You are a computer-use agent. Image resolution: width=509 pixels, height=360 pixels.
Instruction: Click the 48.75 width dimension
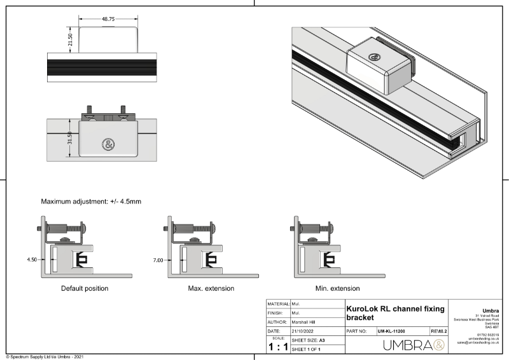(x=109, y=20)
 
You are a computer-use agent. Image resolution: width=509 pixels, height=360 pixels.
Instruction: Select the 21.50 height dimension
(x=71, y=39)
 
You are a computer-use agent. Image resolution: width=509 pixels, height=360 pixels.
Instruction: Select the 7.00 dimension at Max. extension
(x=158, y=260)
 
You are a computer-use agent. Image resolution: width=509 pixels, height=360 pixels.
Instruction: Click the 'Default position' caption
(x=85, y=288)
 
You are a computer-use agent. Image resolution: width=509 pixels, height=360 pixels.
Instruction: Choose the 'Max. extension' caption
(x=210, y=288)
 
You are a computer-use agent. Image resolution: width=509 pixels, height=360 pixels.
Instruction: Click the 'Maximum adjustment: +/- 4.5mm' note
(x=91, y=202)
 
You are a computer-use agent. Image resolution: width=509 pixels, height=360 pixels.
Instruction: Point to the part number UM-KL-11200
(x=391, y=331)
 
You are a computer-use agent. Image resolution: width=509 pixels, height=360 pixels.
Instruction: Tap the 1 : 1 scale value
(x=277, y=347)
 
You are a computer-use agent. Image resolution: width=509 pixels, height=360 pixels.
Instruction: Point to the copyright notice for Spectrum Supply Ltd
(x=45, y=357)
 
